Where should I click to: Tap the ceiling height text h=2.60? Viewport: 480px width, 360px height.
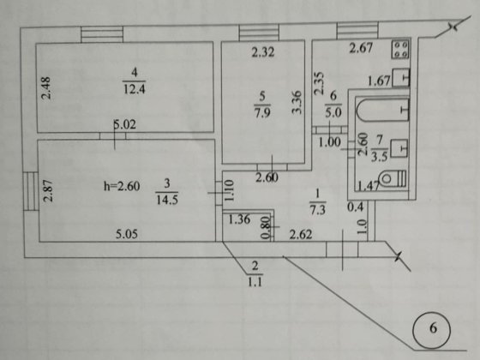(117, 181)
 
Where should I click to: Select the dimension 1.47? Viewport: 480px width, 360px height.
(369, 184)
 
